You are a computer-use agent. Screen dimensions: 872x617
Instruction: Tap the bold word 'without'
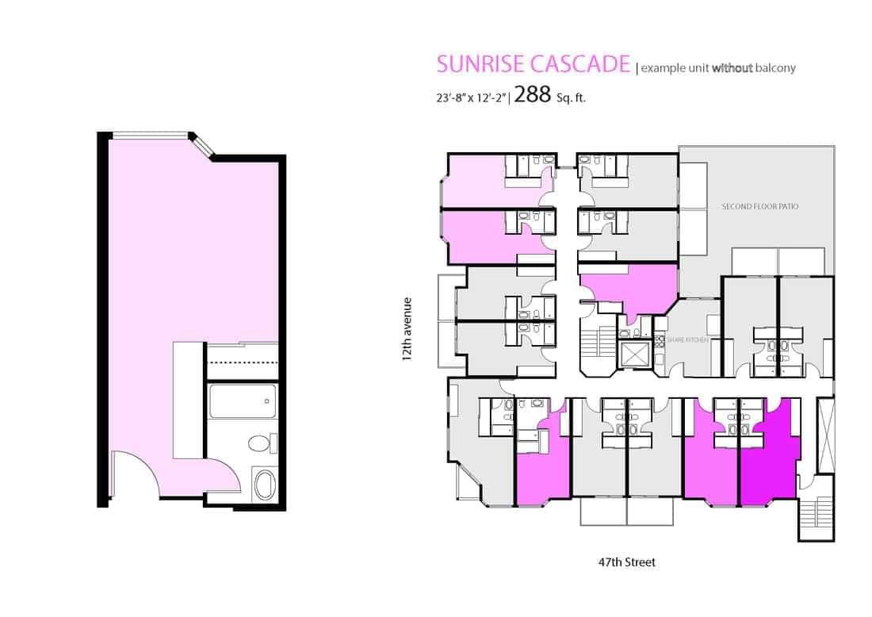[x=732, y=68]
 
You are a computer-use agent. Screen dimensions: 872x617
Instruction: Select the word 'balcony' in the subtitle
[x=775, y=68]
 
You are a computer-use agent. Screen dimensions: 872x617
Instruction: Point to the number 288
[x=532, y=95]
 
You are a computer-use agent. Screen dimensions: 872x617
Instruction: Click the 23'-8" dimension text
[x=450, y=98]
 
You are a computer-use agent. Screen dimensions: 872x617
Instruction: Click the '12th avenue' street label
[x=407, y=329]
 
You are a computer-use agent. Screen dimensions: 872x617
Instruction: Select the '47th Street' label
[x=627, y=562]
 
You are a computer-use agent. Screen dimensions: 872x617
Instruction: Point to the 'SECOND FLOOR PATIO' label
[x=759, y=206]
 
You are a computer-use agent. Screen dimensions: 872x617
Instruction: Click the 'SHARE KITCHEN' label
[x=687, y=339]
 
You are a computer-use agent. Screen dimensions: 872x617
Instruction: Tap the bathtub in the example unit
[x=243, y=401]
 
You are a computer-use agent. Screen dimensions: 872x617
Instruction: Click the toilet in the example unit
[x=262, y=443]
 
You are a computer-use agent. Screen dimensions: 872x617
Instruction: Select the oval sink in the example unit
[x=265, y=485]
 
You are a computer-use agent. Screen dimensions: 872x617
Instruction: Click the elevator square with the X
[x=634, y=354]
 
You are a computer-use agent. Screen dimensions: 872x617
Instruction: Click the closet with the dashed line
[x=243, y=362]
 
